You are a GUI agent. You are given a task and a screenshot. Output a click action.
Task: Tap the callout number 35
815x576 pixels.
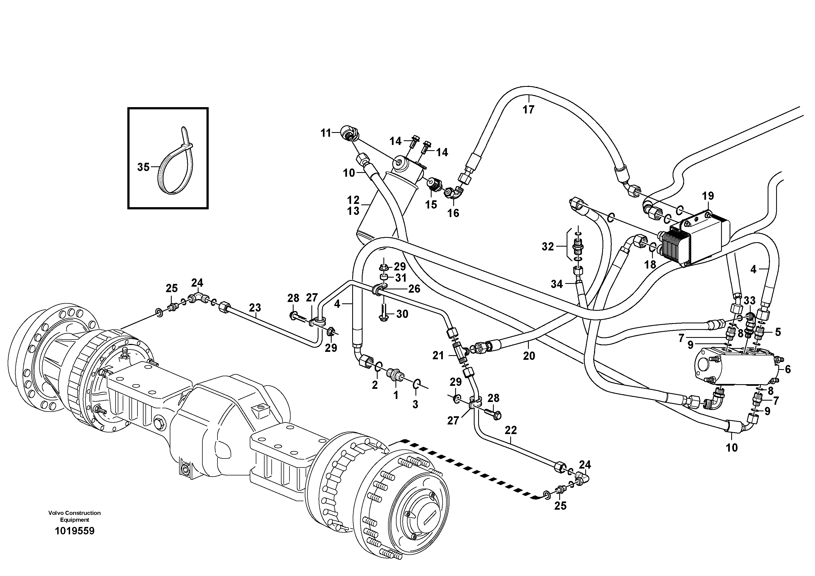tap(144, 167)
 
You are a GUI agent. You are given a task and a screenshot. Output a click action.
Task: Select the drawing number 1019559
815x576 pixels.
tap(74, 531)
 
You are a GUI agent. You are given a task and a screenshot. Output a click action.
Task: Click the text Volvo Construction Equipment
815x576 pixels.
tap(74, 516)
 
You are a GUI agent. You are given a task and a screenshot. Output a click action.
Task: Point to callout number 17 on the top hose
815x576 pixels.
tap(529, 110)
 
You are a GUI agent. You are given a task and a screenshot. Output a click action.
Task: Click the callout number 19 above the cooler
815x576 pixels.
tap(708, 196)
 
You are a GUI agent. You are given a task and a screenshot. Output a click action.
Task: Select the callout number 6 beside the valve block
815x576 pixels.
tap(788, 370)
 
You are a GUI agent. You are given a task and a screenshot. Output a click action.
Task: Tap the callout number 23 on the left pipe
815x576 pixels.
tap(255, 307)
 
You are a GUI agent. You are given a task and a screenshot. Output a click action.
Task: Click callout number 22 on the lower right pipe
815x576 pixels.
tap(511, 430)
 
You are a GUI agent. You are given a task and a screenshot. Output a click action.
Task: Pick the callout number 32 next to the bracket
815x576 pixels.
tap(548, 246)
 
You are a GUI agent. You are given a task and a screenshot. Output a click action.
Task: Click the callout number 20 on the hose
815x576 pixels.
tap(529, 356)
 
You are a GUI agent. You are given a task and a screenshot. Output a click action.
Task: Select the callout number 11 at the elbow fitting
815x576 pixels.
tap(326, 133)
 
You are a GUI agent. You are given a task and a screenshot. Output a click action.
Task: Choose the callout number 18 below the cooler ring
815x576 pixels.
tap(650, 264)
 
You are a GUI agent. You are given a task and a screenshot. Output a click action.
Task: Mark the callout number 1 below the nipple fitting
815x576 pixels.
tap(396, 395)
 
